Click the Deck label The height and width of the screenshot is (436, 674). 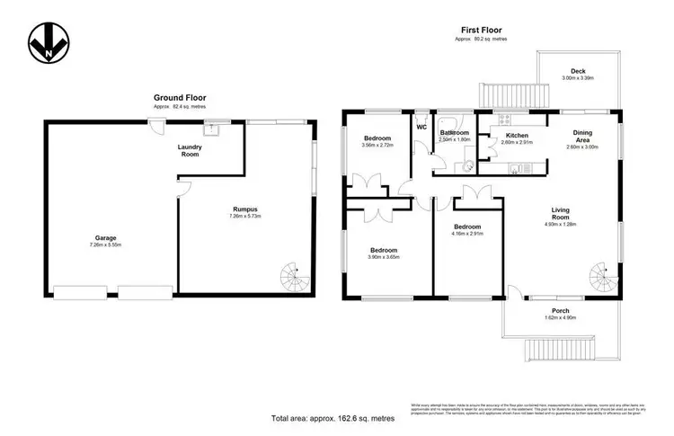pos(580,73)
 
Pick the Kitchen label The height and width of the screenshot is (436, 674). pos(504,135)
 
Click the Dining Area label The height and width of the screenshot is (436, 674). pos(583,136)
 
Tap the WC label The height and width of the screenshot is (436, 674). pos(420,126)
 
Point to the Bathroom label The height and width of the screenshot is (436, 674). pos(454,132)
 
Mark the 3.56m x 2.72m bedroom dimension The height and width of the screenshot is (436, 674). pos(378,145)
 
